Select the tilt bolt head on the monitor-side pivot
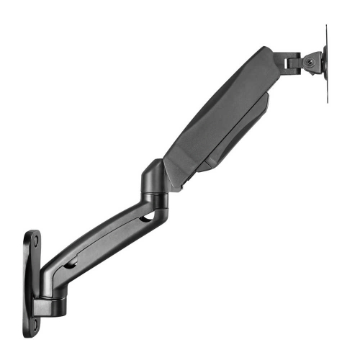pos(310,63)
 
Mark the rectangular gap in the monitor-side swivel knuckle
pos(294,63)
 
